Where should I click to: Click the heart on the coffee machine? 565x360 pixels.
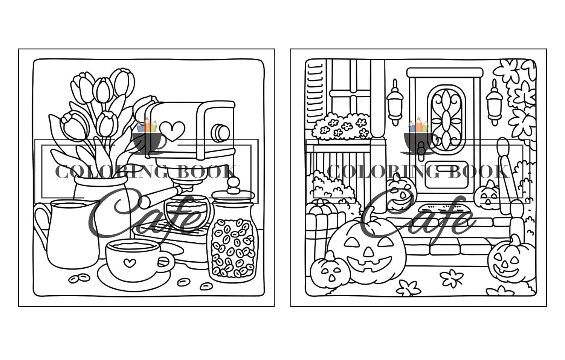[x=173, y=131]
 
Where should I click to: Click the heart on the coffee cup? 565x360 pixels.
[x=130, y=263]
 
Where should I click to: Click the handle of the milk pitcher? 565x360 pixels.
[x=41, y=222]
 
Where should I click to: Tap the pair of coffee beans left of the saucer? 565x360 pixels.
[x=79, y=278]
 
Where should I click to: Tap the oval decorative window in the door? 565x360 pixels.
[x=446, y=120]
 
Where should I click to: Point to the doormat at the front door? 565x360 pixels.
[x=441, y=208]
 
